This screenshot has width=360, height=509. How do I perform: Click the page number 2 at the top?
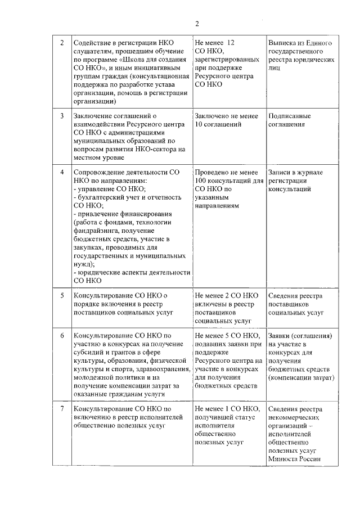point(197,23)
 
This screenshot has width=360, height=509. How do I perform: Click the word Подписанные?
point(290,116)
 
